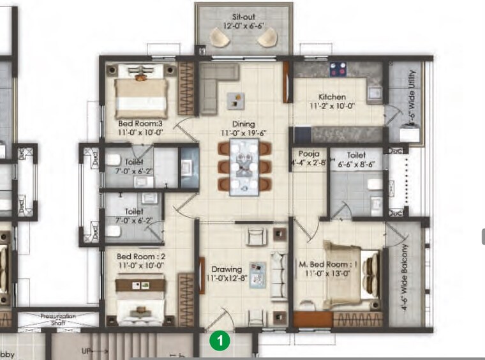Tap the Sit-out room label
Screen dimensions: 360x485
pos(244,16)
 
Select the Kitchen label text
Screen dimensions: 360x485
pos(332,97)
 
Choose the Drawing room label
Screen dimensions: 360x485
pos(223,267)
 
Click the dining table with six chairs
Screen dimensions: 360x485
pos(244,166)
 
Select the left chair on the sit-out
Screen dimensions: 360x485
pos(221,39)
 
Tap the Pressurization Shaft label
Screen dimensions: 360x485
pos(58,318)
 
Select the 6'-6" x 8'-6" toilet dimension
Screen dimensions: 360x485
pos(356,163)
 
